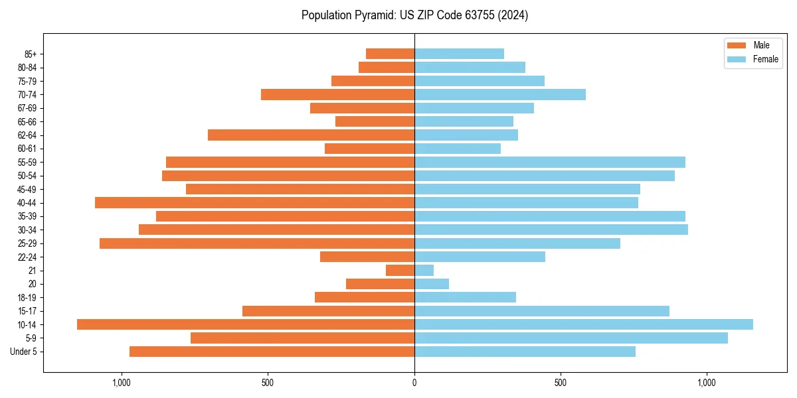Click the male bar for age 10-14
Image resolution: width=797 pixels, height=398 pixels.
pos(246,324)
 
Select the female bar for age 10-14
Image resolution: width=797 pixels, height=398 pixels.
pos(583,324)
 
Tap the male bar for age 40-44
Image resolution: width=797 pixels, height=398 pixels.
pos(254,202)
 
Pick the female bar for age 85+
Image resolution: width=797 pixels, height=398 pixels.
pos(459,54)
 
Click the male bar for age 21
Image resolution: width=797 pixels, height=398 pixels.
pos(400,270)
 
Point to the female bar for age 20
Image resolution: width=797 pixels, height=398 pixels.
pos(432,284)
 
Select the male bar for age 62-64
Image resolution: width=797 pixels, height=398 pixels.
pos(311,135)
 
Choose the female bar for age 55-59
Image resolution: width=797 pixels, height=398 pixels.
pos(549,162)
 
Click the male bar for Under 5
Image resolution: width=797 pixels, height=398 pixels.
pos(272,352)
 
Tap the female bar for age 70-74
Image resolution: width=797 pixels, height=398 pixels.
pos(499,94)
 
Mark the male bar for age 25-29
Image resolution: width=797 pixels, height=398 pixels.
pos(257,243)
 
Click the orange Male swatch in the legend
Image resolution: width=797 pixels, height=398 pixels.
pos(737,45)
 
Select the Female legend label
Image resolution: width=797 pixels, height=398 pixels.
pos(765,59)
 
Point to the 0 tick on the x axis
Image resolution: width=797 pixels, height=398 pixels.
pos(414,383)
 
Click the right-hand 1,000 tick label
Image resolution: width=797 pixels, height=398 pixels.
pos(707,383)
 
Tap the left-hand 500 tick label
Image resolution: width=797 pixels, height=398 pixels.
pos(268,383)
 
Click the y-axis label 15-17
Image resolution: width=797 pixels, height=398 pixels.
pos(27,311)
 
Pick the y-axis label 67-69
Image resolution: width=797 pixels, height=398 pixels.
pos(27,108)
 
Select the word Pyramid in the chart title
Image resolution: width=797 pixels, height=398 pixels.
pos(373,15)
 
